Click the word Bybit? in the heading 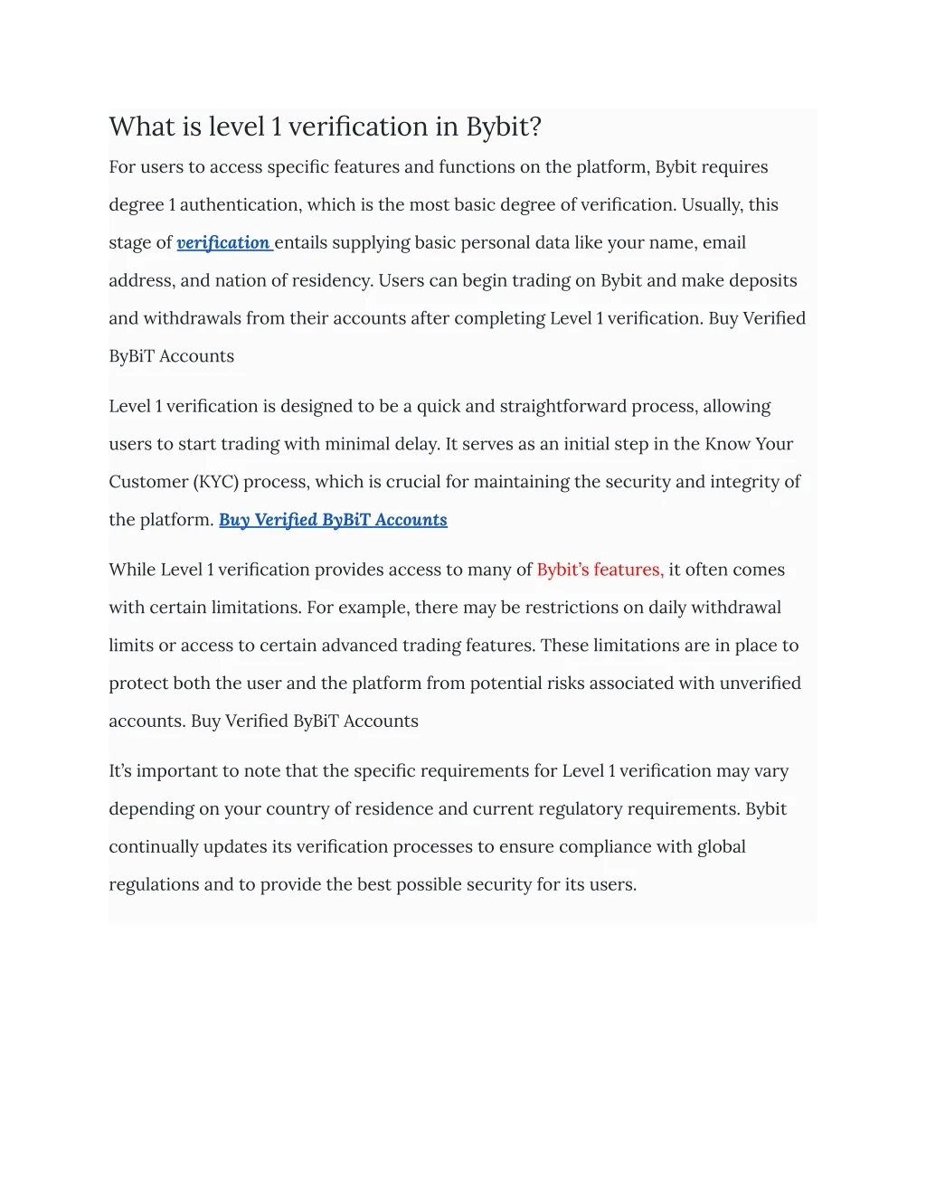[x=503, y=127]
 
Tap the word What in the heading [x=141, y=127]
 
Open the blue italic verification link [x=223, y=242]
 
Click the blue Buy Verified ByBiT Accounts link [x=333, y=520]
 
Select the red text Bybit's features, [x=600, y=570]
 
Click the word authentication [x=240, y=205]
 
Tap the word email [x=723, y=242]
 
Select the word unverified [x=760, y=684]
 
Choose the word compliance [x=626, y=847]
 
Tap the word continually [x=154, y=847]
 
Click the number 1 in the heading [x=275, y=127]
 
